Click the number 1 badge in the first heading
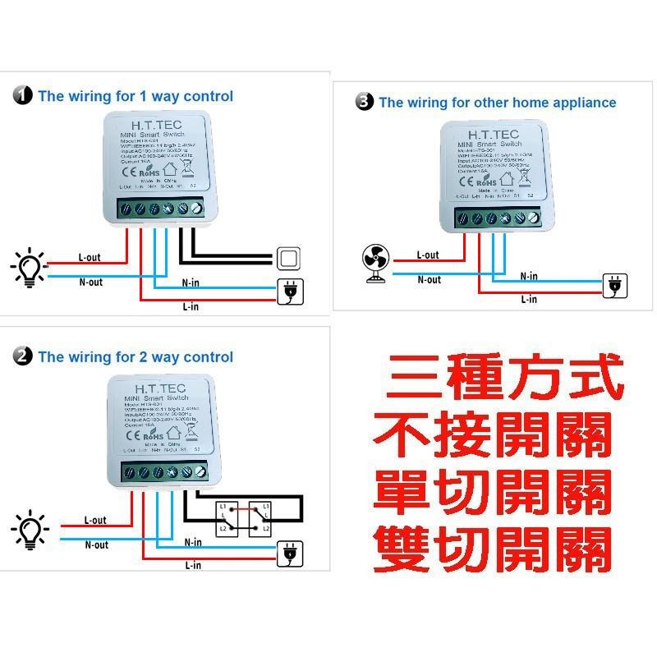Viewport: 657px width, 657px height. coord(22,96)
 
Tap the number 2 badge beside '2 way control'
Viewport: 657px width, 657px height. coord(22,357)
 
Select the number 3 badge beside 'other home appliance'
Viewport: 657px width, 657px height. coord(365,103)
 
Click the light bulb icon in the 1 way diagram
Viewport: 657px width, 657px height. coord(30,269)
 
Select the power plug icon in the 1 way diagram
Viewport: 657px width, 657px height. coord(289,290)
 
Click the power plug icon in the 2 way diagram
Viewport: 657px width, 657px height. coord(289,553)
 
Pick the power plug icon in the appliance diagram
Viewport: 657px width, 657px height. coord(613,285)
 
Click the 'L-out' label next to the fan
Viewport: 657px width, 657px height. coord(427,255)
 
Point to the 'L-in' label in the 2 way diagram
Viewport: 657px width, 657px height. coord(194,565)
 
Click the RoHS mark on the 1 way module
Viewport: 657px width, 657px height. coord(149,173)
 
